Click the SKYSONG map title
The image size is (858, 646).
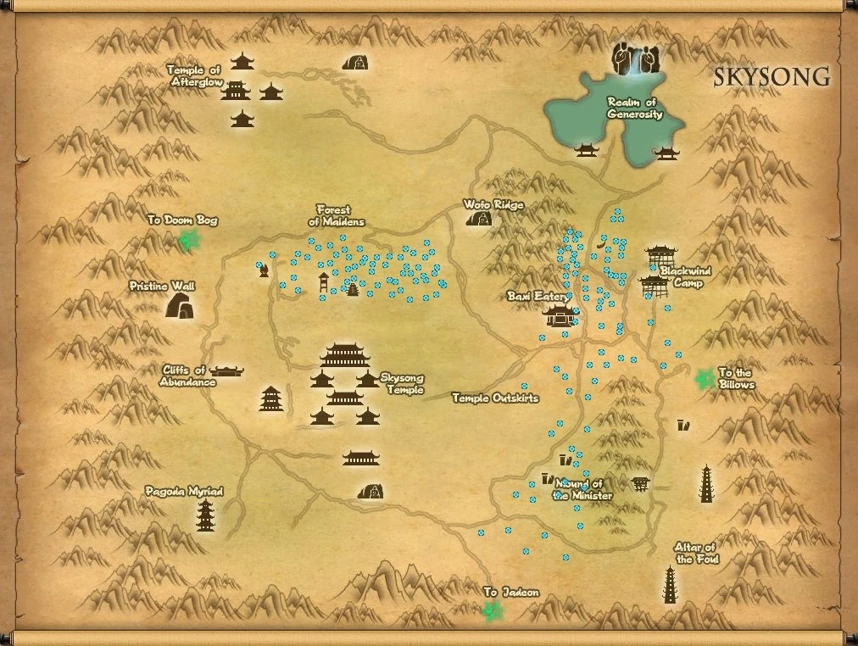(772, 77)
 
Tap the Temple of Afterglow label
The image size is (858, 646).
(194, 76)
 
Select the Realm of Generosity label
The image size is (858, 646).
(634, 108)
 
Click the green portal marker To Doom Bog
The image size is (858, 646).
(187, 241)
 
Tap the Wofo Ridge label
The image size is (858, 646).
(493, 204)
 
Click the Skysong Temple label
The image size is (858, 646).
(402, 384)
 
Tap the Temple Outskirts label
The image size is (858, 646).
(495, 398)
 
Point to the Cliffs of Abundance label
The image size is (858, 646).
(187, 376)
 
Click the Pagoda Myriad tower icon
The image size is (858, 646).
(205, 515)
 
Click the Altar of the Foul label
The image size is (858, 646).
(695, 553)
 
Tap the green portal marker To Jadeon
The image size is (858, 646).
(490, 613)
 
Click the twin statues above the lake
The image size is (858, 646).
(635, 58)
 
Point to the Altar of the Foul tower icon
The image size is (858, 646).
(671, 585)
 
